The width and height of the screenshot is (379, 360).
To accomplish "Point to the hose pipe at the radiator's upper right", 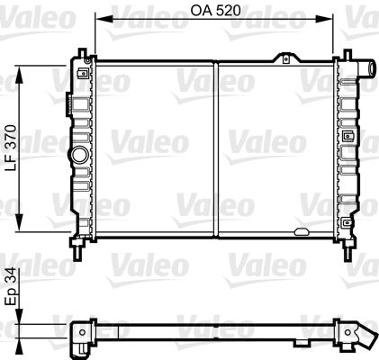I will pos(367,69).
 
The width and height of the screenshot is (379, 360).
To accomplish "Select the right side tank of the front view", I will pos(346,148).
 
